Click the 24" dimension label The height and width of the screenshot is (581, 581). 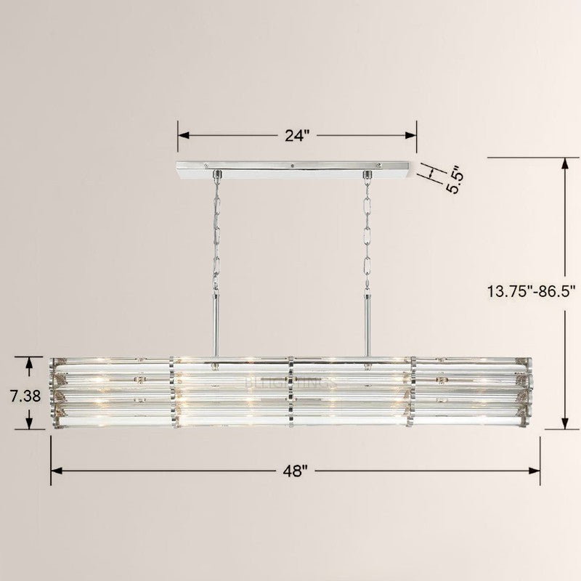click(x=296, y=135)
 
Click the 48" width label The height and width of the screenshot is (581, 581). click(x=296, y=470)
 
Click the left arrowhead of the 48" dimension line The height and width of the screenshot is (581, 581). click(x=55, y=470)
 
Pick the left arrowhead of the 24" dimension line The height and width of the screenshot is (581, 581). click(x=183, y=135)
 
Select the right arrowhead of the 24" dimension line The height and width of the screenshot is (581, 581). click(x=412, y=135)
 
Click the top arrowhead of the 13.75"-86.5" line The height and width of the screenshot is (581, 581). click(x=565, y=162)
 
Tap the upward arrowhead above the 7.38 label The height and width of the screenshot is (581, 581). click(x=29, y=361)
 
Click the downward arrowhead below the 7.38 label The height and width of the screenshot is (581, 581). click(x=29, y=424)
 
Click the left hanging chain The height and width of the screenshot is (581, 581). click(x=216, y=232)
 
